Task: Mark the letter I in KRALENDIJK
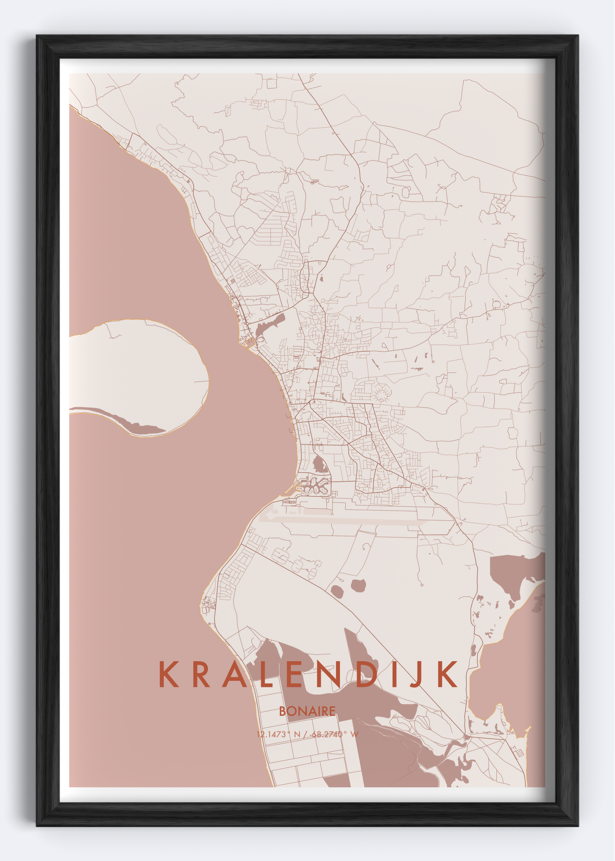[393, 675]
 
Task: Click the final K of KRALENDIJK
[448, 675]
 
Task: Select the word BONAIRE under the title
[307, 711]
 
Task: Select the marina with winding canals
[315, 486]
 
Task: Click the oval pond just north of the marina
[320, 464]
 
